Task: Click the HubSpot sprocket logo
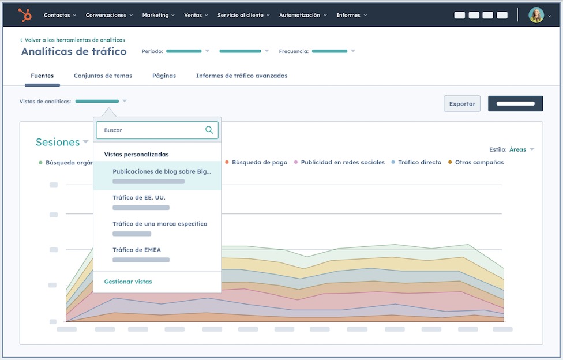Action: pos(25,16)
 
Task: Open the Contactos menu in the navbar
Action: pos(60,16)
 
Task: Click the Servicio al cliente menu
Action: pos(243,16)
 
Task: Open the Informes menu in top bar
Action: pos(351,16)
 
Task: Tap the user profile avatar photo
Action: pos(536,16)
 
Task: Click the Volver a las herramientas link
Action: pos(74,40)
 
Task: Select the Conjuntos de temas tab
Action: pos(103,76)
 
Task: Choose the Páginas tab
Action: pos(164,76)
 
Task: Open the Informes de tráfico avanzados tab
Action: pos(241,76)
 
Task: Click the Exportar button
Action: pos(461,104)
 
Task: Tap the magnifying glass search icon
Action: pos(209,130)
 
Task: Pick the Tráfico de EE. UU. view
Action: pos(139,198)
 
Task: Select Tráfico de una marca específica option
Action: pos(160,224)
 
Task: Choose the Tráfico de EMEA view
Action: pos(137,250)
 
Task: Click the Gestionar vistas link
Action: pos(128,282)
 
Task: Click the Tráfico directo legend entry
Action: pos(419,163)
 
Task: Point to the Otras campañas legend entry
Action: pos(478,163)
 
